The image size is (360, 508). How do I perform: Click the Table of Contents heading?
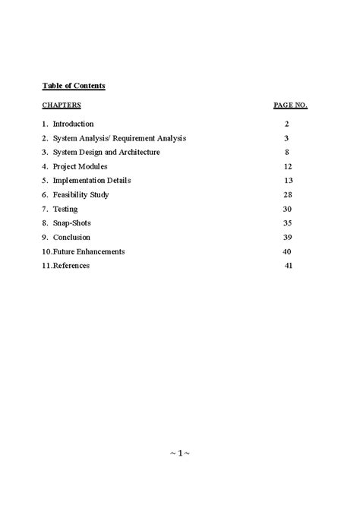[x=74, y=86]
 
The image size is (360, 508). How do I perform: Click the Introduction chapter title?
[x=73, y=124]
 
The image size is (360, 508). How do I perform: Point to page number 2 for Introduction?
[x=287, y=124]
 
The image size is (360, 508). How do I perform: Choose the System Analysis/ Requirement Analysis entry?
[x=119, y=138]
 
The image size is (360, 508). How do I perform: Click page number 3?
[x=287, y=138]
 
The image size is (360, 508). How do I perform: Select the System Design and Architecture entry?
[x=106, y=152]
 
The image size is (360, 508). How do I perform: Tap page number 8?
[x=287, y=152]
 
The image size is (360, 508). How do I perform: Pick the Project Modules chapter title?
[x=80, y=166]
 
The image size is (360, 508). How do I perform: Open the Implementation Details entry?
[x=92, y=181]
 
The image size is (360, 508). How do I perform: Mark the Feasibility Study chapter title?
[x=81, y=195]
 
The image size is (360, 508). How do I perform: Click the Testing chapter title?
[x=65, y=209]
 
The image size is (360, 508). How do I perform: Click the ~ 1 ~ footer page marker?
[x=179, y=455]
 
